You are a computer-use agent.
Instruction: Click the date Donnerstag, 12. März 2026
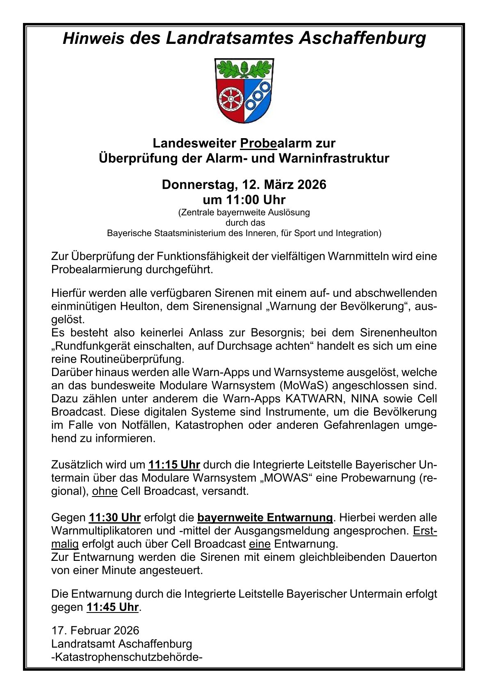[x=244, y=184]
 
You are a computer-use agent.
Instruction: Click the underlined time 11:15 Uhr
[x=174, y=465]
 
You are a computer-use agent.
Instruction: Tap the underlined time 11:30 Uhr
[x=115, y=517]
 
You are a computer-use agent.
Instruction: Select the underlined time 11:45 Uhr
[x=113, y=607]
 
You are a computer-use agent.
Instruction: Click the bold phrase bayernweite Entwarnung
[x=265, y=517]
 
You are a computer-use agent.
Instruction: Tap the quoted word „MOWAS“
[x=286, y=478]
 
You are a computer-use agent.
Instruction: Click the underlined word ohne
[x=105, y=491]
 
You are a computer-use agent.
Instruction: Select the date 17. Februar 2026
[x=95, y=630]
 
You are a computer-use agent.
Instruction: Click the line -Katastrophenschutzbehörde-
[x=127, y=657]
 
